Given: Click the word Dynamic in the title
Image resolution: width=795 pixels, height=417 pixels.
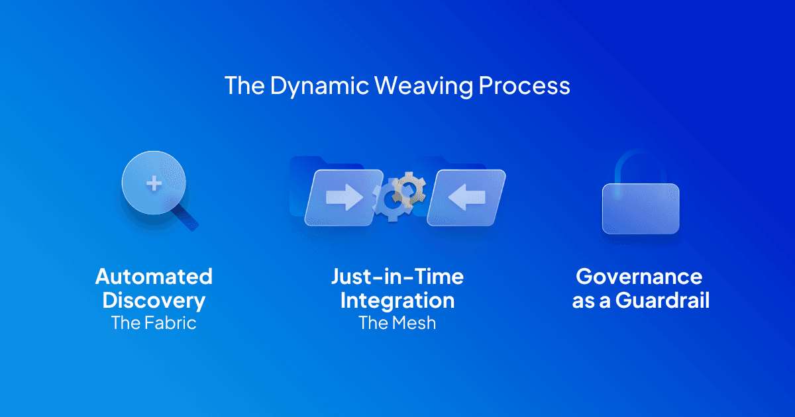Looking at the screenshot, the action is tap(319, 86).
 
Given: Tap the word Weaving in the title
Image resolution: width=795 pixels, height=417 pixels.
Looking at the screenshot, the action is tap(423, 86).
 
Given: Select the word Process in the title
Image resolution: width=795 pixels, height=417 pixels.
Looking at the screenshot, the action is tap(524, 86).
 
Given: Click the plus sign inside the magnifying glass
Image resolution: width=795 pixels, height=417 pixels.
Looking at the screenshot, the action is tap(154, 184).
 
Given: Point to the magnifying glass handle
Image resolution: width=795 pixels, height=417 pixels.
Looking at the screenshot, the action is tap(185, 217).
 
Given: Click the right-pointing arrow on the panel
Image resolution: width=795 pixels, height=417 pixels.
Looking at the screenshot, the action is tap(344, 197).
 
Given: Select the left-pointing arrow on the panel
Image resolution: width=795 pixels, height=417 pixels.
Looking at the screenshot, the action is tap(466, 197).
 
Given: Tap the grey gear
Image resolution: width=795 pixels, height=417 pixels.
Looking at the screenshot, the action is tap(409, 190).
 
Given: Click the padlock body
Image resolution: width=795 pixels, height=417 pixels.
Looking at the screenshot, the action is tap(641, 208).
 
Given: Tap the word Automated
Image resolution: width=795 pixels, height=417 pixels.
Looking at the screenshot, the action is tap(154, 277).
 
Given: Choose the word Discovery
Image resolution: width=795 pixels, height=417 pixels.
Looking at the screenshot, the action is tap(154, 301).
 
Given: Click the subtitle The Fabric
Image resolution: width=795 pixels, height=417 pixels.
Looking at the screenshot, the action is tap(154, 323).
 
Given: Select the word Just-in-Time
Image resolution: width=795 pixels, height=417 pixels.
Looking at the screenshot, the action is tap(397, 277).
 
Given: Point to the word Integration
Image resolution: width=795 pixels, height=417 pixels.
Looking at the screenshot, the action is tap(397, 301).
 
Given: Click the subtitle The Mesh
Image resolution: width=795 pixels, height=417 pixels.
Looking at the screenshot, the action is tap(397, 323).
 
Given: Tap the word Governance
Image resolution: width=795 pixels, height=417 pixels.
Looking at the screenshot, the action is tap(639, 277).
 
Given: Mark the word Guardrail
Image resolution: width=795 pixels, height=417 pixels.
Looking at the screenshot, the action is tap(662, 301).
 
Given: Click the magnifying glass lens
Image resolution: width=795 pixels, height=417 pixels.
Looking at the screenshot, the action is tap(154, 183).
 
